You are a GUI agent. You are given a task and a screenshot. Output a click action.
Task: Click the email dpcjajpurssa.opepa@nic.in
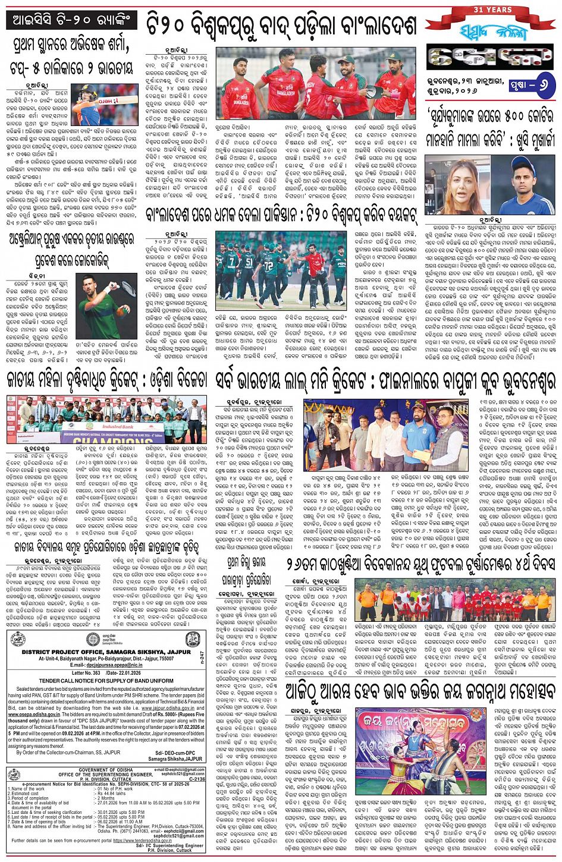tap(99, 665)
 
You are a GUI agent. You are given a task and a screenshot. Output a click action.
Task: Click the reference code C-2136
tap(196, 779)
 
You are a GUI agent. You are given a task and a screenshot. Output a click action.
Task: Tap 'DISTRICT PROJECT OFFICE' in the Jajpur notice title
tap(58, 652)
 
